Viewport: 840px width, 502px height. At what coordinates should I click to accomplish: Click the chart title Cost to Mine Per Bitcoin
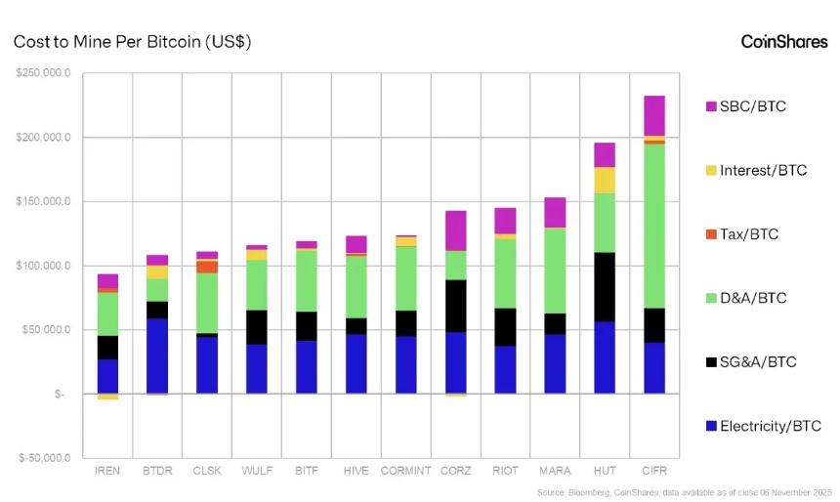point(133,42)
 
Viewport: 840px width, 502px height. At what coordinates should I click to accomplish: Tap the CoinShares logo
point(783,42)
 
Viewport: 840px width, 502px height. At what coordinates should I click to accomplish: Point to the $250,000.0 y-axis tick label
point(43,73)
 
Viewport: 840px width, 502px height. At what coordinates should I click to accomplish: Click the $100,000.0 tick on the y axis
point(43,266)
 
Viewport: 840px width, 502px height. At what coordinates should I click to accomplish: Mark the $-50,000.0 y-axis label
point(43,458)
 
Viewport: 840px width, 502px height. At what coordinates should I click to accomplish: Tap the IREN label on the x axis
point(107,471)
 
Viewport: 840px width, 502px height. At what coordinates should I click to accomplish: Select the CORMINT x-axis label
point(406,471)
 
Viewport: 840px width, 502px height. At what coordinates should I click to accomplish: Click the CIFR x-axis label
point(654,471)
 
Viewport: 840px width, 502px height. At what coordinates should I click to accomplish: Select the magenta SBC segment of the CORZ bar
point(456,230)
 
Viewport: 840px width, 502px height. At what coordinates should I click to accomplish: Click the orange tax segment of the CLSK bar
point(207,267)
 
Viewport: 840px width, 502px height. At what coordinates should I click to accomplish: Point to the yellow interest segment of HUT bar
point(605,180)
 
